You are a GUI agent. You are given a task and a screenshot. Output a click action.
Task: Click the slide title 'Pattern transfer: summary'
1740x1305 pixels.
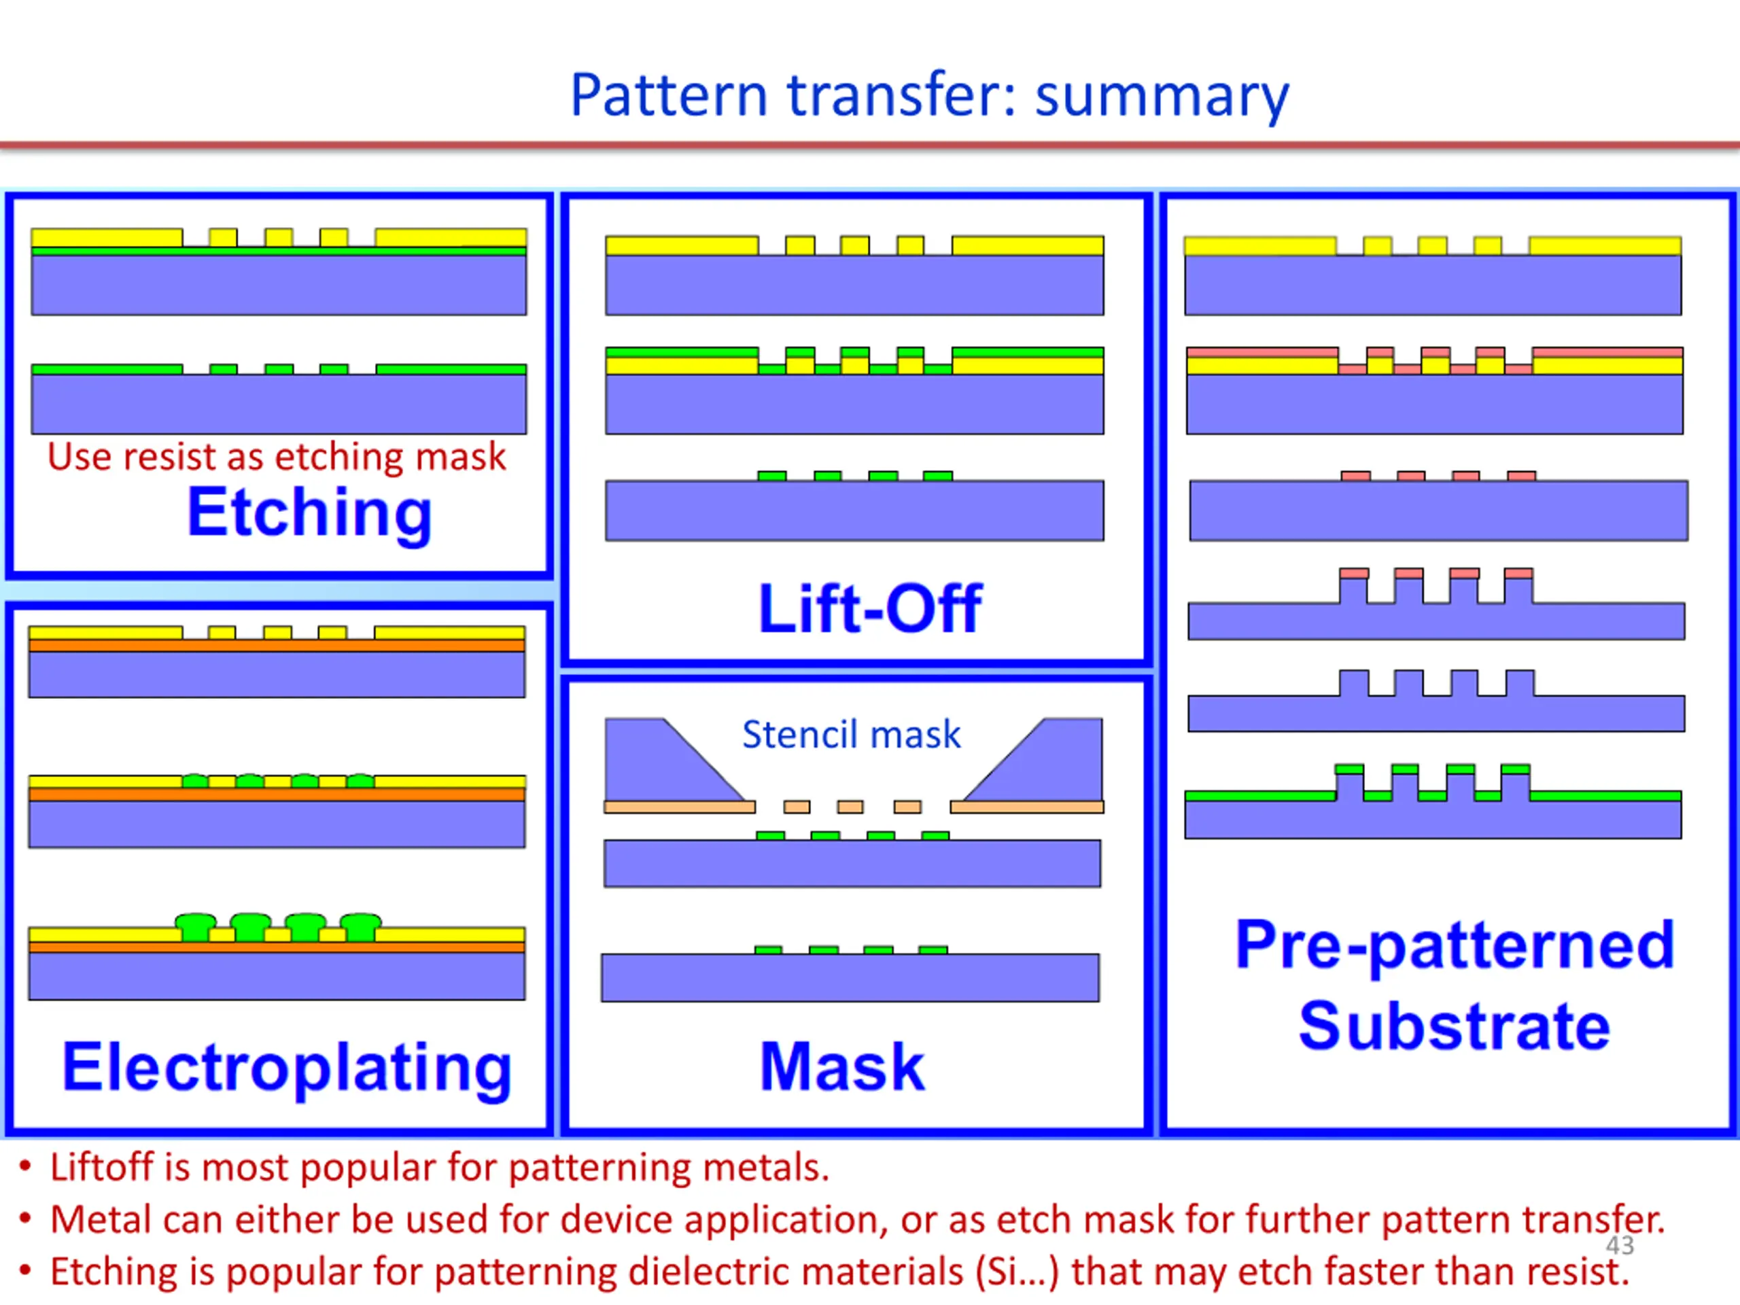[930, 96]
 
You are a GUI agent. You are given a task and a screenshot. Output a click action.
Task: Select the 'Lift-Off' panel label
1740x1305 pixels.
[870, 608]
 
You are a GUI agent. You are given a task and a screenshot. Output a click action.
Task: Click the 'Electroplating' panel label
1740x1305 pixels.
[287, 1068]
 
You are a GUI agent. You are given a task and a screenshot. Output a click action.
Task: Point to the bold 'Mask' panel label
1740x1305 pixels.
[842, 1066]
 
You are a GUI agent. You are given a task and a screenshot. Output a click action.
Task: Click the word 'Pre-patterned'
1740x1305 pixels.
[1455, 945]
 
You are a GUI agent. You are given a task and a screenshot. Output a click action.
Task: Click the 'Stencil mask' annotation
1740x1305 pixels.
[851, 735]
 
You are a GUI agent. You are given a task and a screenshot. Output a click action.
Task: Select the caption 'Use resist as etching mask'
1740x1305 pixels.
[276, 457]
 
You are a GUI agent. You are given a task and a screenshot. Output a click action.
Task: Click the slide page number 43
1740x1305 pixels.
[1620, 1245]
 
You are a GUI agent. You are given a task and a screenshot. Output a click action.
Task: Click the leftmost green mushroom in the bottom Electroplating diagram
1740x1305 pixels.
[195, 926]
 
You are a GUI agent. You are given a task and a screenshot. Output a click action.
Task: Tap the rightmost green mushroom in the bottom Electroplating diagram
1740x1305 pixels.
[361, 926]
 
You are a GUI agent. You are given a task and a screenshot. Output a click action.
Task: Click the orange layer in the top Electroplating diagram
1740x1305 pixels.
[277, 646]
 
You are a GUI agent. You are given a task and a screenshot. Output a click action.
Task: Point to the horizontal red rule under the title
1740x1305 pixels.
[870, 145]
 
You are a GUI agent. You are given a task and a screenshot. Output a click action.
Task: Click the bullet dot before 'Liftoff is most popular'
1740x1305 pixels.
[25, 1166]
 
